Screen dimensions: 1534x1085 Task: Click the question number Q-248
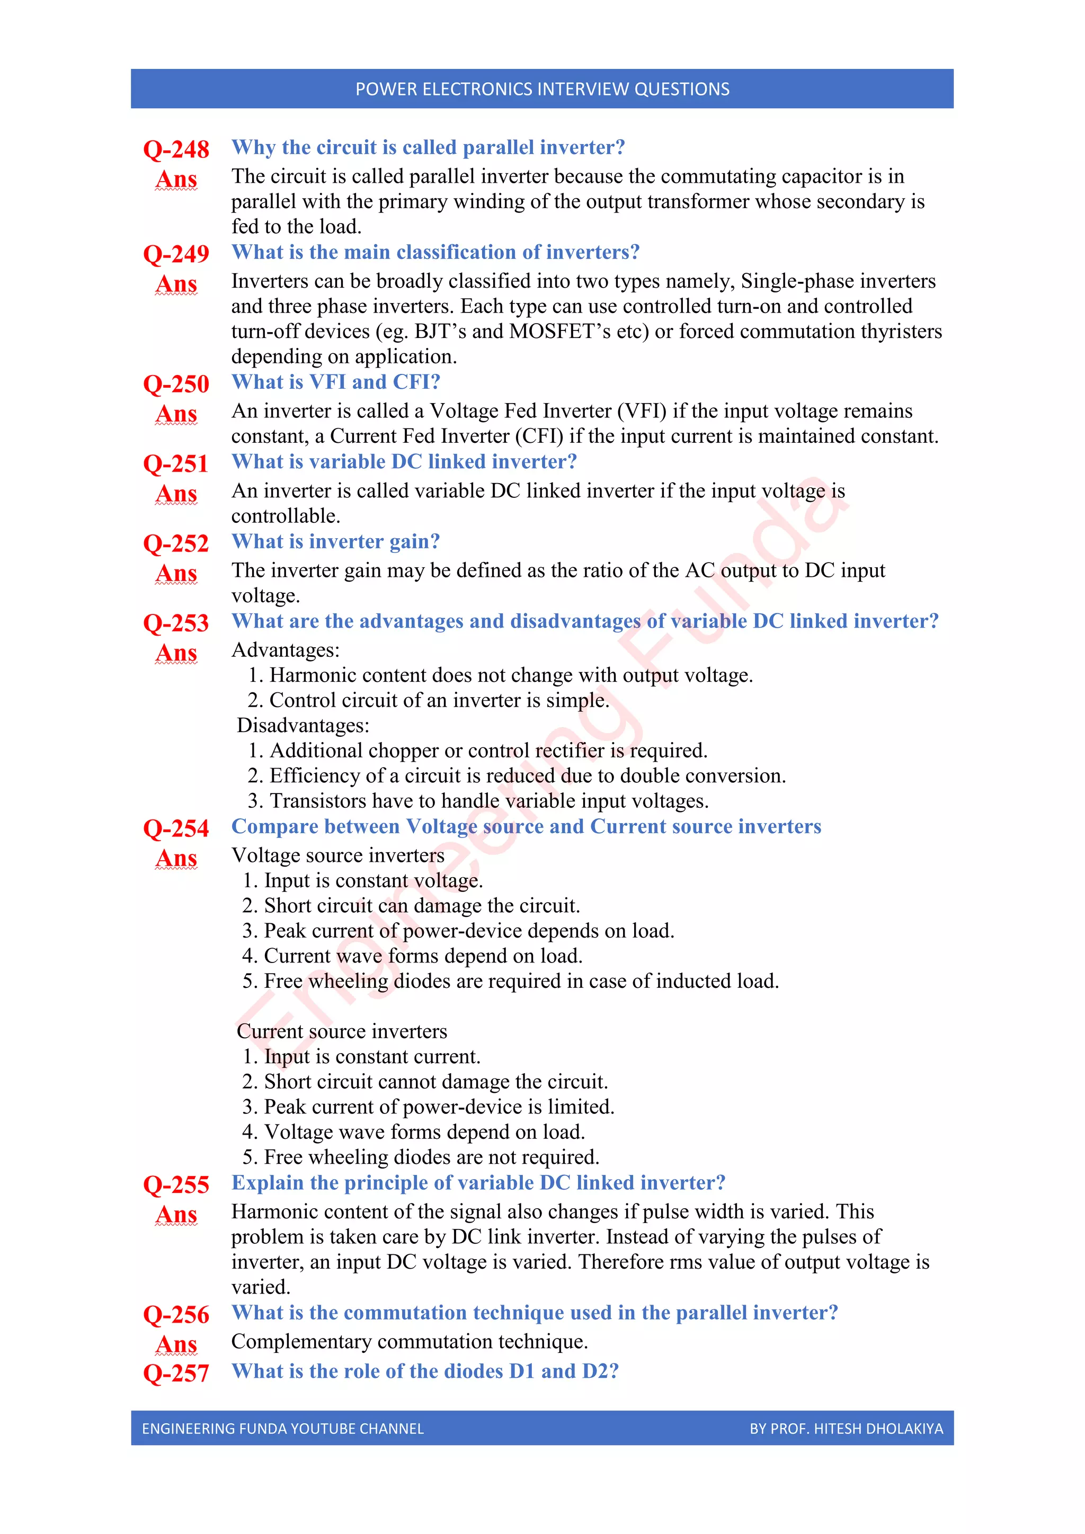coord(176,149)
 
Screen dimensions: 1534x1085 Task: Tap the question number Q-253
coord(176,623)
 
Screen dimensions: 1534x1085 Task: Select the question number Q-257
coord(176,1373)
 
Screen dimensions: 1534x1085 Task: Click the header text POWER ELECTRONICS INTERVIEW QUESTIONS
coord(542,89)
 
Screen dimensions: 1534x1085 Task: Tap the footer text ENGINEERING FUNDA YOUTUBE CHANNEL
coord(282,1429)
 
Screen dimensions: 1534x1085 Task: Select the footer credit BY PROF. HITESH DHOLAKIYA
coord(846,1429)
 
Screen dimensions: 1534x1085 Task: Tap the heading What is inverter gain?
coord(335,541)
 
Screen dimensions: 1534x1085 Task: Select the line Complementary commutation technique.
coord(410,1342)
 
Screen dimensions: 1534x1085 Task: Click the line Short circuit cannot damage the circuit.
coord(435,1082)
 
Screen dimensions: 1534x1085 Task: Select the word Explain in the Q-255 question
coord(267,1183)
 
